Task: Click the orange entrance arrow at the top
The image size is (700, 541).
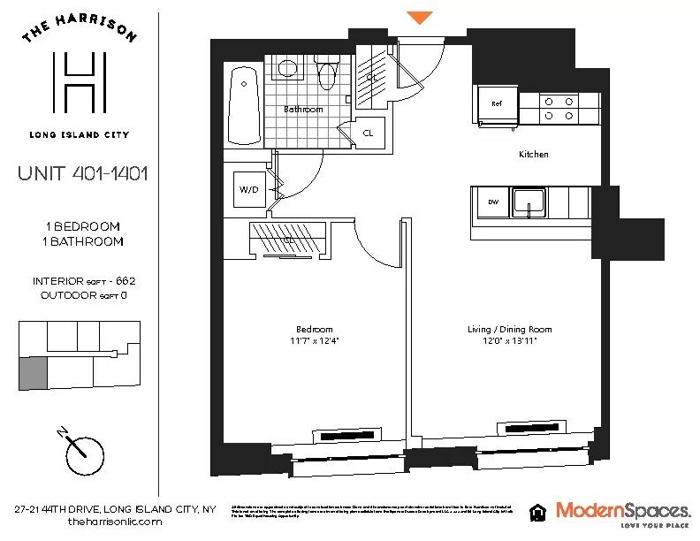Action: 420,17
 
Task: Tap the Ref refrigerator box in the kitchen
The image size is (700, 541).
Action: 497,104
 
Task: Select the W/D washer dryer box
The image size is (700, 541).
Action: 247,189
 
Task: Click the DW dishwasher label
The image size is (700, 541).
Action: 493,202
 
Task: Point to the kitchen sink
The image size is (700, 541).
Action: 529,202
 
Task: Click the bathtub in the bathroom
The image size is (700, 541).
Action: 243,106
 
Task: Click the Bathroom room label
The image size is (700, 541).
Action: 303,110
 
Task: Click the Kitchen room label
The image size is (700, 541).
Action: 533,154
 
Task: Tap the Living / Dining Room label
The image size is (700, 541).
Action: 509,330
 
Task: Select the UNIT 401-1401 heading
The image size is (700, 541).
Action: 82,172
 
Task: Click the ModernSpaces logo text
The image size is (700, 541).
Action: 622,509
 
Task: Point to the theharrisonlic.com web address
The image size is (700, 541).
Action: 115,522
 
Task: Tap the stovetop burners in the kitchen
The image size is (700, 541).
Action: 559,107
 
